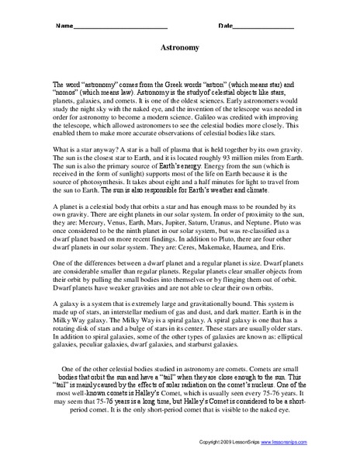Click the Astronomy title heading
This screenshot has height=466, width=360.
[180, 47]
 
